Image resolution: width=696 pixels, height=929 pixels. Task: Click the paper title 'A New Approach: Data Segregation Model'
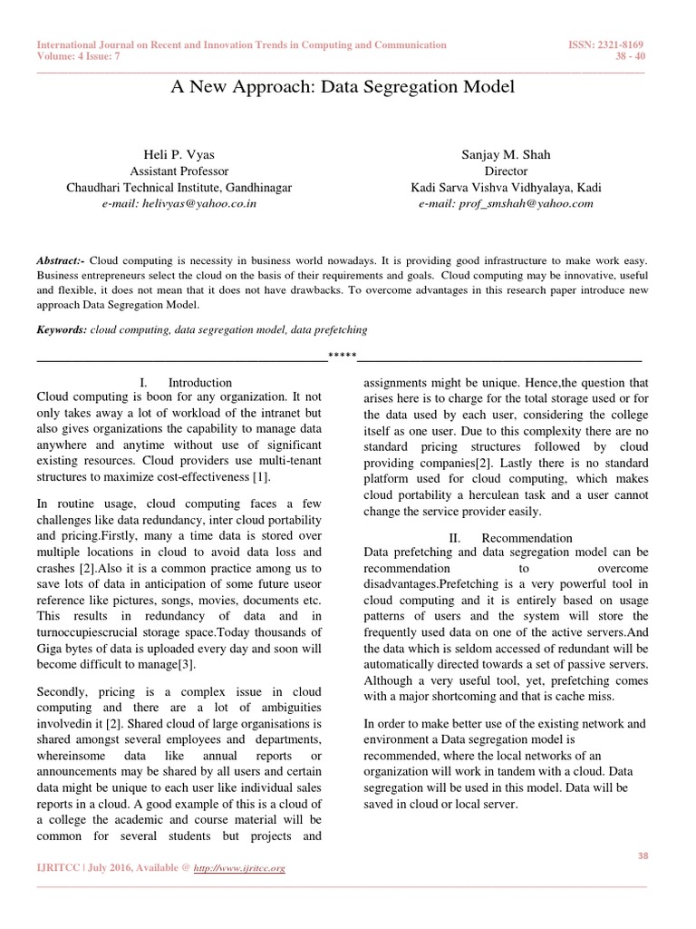pyautogui.click(x=343, y=87)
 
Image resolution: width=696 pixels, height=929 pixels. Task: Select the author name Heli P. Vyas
pyautogui.click(x=179, y=153)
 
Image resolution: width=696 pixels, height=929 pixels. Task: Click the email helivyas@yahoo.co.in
pyautogui.click(x=179, y=203)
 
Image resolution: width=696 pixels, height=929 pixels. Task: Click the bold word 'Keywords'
pyautogui.click(x=61, y=330)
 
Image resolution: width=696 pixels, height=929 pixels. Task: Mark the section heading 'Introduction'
pyautogui.click(x=200, y=382)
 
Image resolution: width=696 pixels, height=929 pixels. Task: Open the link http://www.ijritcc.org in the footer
pyautogui.click(x=240, y=868)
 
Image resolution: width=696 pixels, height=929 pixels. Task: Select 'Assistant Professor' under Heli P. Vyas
pyautogui.click(x=179, y=171)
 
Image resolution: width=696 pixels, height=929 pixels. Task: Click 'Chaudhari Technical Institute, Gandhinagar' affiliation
pyautogui.click(x=179, y=187)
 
